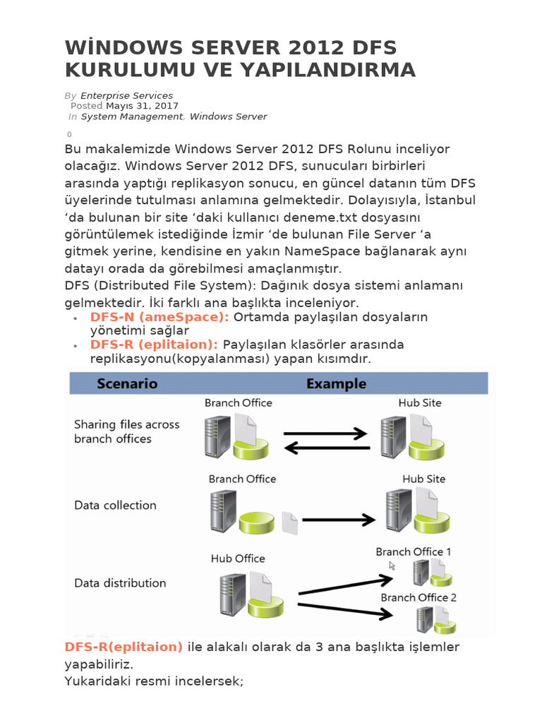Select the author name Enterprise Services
(126, 95)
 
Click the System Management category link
(131, 116)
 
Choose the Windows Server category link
(228, 116)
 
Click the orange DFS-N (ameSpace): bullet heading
(159, 317)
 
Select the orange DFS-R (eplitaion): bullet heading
(154, 345)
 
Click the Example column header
(335, 384)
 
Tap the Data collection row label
(115, 506)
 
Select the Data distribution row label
(120, 583)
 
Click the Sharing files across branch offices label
(126, 431)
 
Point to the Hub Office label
(238, 558)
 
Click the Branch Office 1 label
(414, 551)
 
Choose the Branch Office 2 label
(418, 597)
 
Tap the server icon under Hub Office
(232, 594)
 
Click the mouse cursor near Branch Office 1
(392, 566)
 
